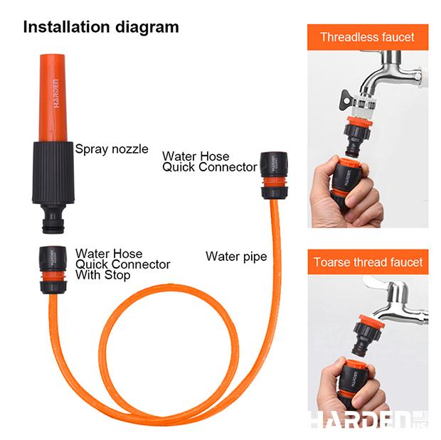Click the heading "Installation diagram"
coord(101,28)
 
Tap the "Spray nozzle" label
coord(112,149)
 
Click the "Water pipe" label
coord(236,256)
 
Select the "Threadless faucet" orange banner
coord(367,38)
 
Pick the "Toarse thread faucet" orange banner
coord(368,262)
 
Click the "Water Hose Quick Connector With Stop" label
coord(122,264)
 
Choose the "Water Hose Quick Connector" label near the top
coord(209,161)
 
